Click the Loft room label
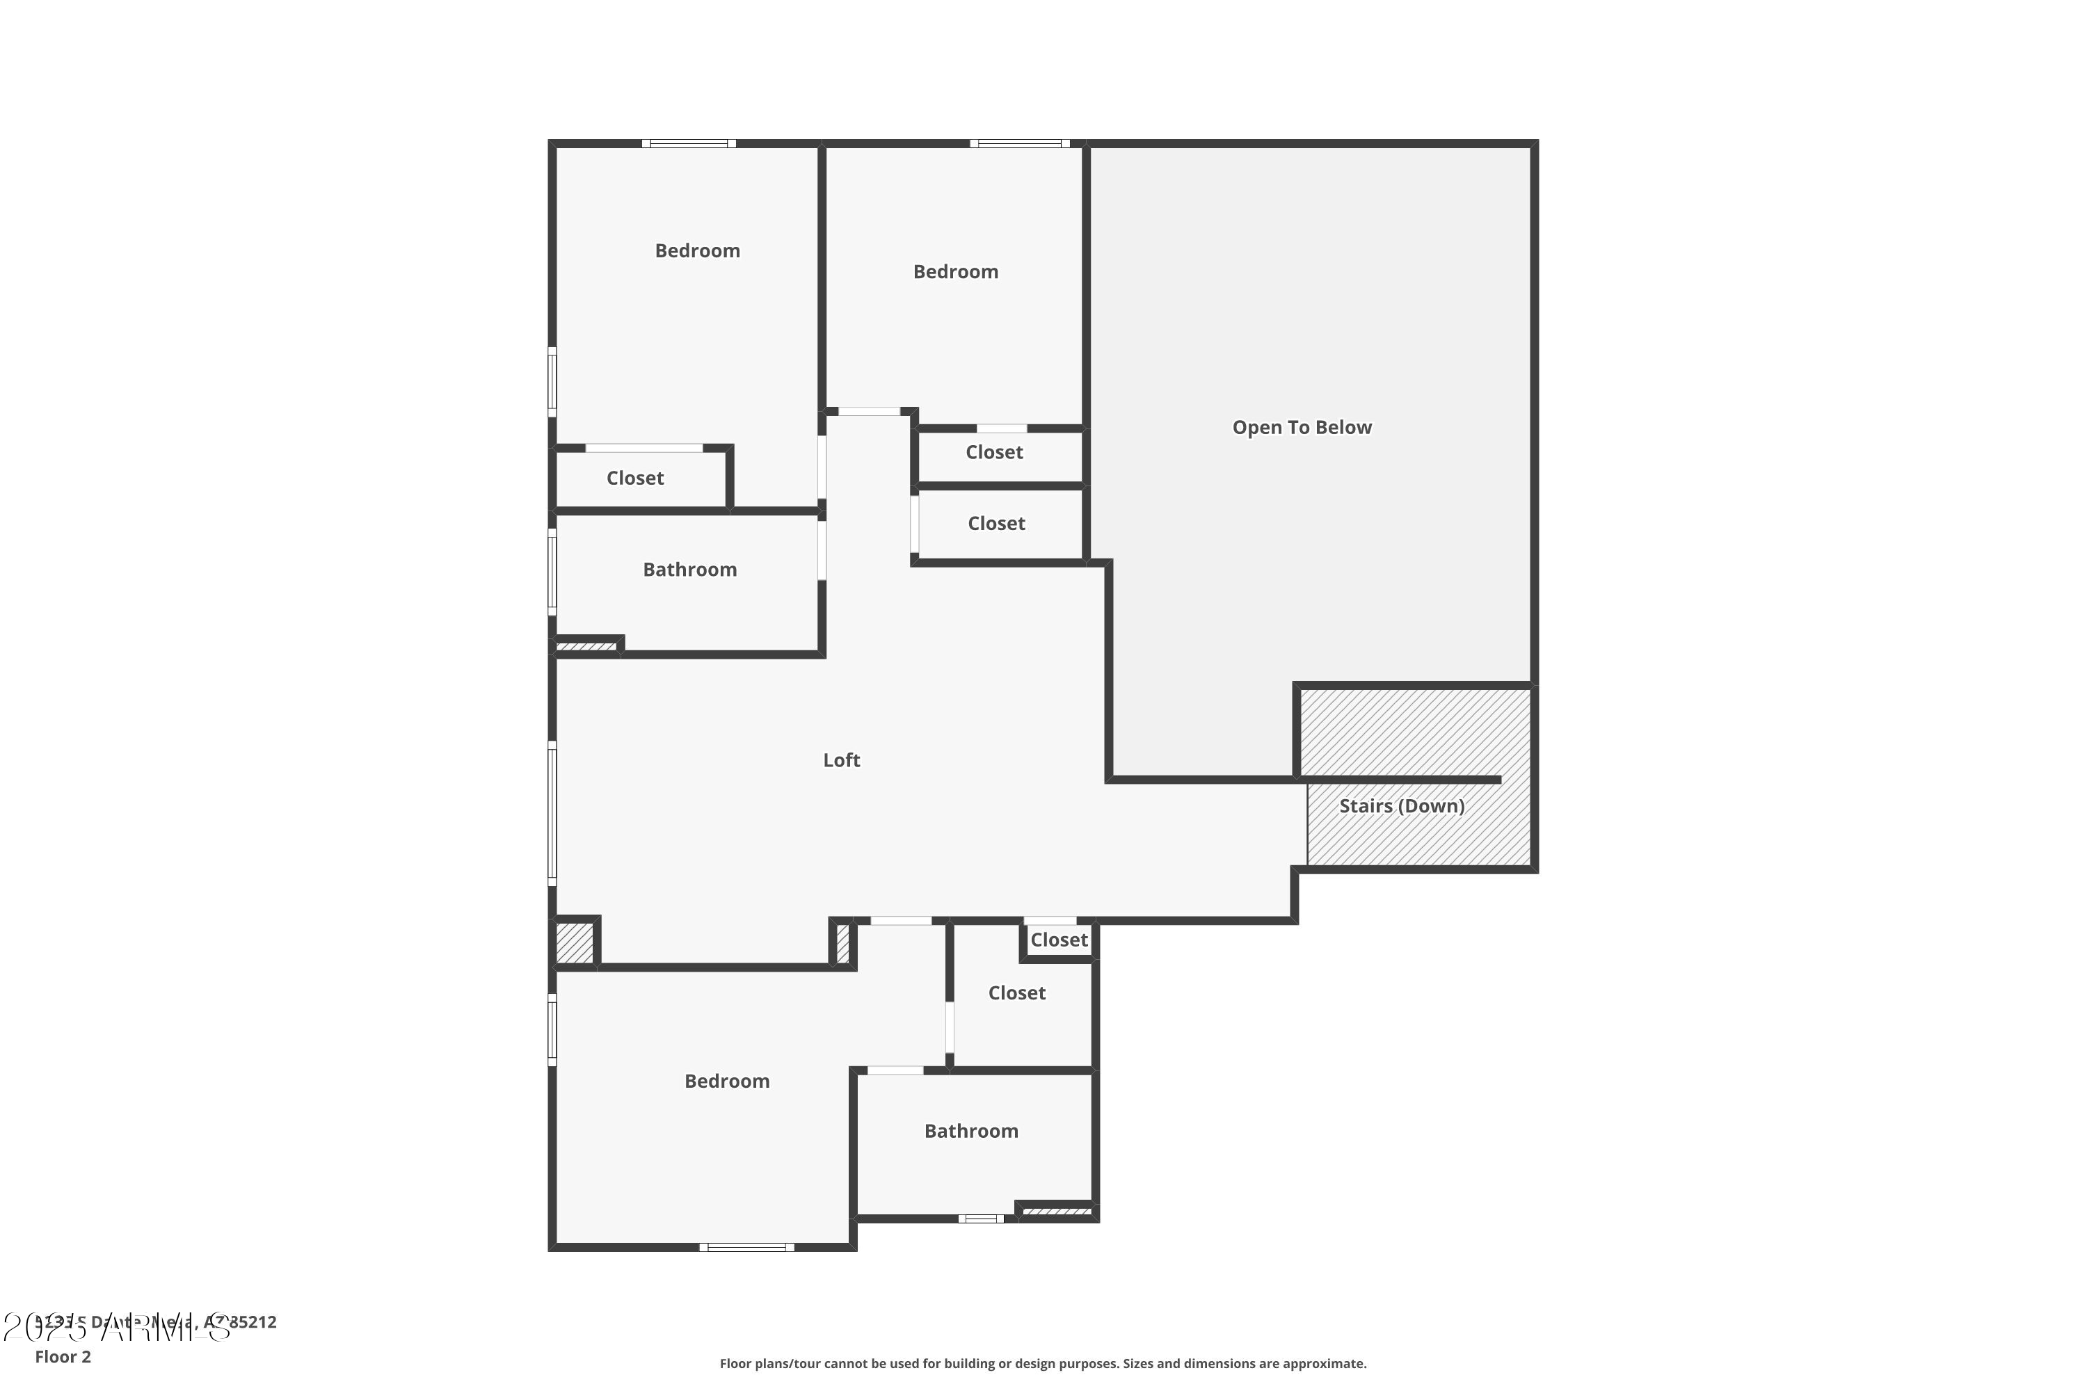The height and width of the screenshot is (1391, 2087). [x=841, y=760]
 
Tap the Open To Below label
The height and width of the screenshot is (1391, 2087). [x=1302, y=428]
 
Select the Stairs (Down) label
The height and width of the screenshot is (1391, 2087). [x=1401, y=806]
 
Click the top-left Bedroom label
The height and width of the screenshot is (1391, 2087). [x=698, y=251]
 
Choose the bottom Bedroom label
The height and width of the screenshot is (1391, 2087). [x=727, y=1082]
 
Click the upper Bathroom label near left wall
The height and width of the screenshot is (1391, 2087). [x=689, y=570]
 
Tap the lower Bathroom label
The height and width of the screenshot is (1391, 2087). [x=970, y=1131]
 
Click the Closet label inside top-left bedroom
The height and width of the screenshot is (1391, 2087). [x=634, y=479]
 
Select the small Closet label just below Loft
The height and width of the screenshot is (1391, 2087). [x=1059, y=940]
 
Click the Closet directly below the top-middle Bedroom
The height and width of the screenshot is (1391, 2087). [x=994, y=453]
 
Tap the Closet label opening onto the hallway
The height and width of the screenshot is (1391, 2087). [x=995, y=524]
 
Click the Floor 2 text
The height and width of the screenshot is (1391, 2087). [x=63, y=1356]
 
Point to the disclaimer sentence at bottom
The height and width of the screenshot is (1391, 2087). [x=1043, y=1363]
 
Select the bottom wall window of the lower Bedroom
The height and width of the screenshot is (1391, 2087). [x=746, y=1247]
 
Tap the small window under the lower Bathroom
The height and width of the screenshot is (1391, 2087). [x=980, y=1219]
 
